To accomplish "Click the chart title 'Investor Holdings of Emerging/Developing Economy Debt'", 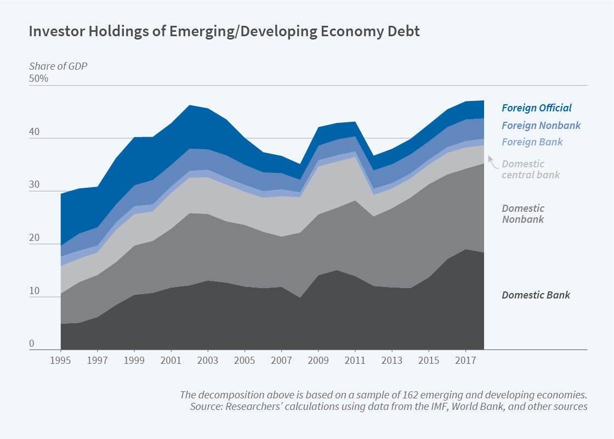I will pos(224,31).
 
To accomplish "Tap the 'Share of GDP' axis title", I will pos(58,66).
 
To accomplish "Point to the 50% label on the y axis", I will pos(39,78).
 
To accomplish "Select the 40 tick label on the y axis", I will pos(35,132).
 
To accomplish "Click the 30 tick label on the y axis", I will pos(35,185).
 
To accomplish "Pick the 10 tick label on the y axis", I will pos(34,291).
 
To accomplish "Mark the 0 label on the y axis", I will pos(32,344).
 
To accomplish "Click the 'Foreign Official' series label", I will pos(536,108).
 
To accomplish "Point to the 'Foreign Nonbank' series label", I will pos(541,125).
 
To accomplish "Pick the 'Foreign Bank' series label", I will pos(532,142).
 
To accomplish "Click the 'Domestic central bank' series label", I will pos(531,169).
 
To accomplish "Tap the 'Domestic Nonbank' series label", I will pos(523,213).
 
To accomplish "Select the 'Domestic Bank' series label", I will pos(536,295).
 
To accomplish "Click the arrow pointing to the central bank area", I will pos(492,161).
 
